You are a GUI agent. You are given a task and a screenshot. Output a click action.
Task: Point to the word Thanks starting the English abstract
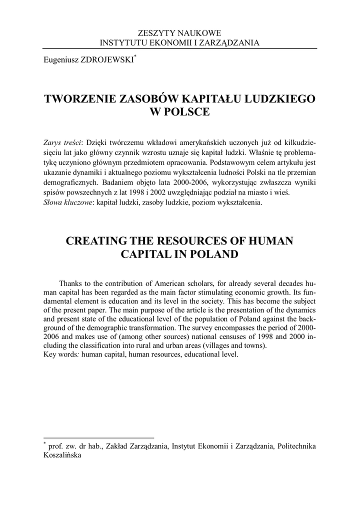coord(70,283)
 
